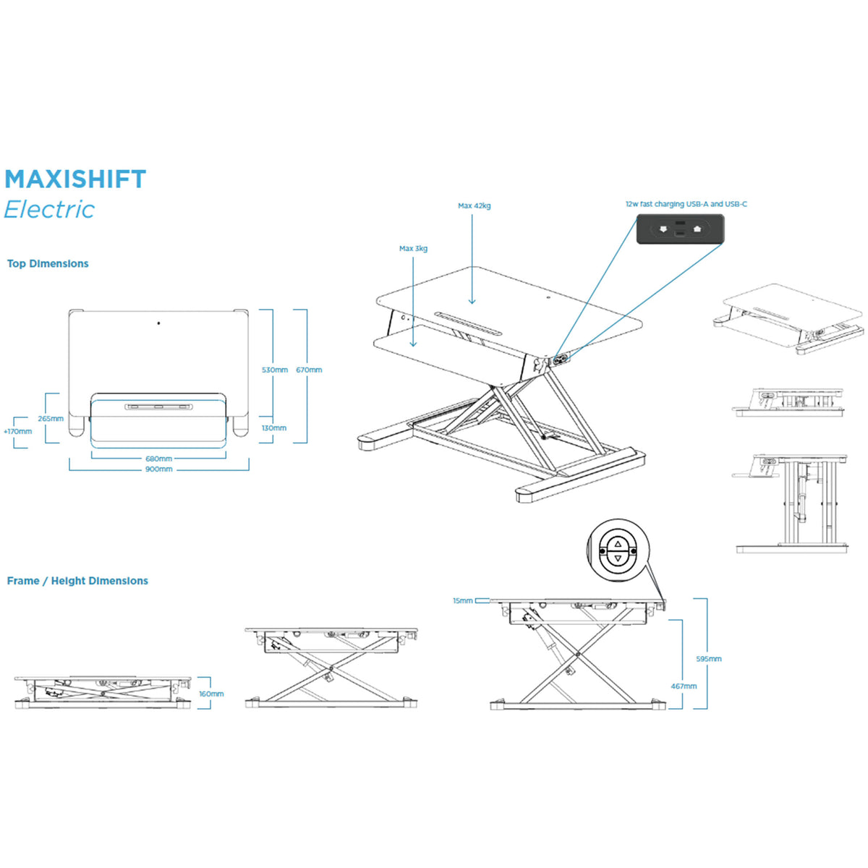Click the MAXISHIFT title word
coord(75,179)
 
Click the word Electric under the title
coord(49,210)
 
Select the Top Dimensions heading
coord(48,263)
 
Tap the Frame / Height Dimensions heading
coord(77,581)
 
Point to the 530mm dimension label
coord(275,370)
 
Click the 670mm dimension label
coord(309,370)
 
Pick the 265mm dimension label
coord(51,418)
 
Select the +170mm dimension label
coord(18,431)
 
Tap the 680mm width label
coord(158,459)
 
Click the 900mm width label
coord(158,469)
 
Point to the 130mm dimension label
coord(274,428)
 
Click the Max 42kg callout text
coord(475,205)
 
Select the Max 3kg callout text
coord(413,248)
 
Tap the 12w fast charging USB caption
coord(686,204)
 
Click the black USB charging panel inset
coord(680,229)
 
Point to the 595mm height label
coord(708,659)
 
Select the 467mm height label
coord(684,686)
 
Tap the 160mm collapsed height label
coord(211,694)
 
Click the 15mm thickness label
coord(462,600)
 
